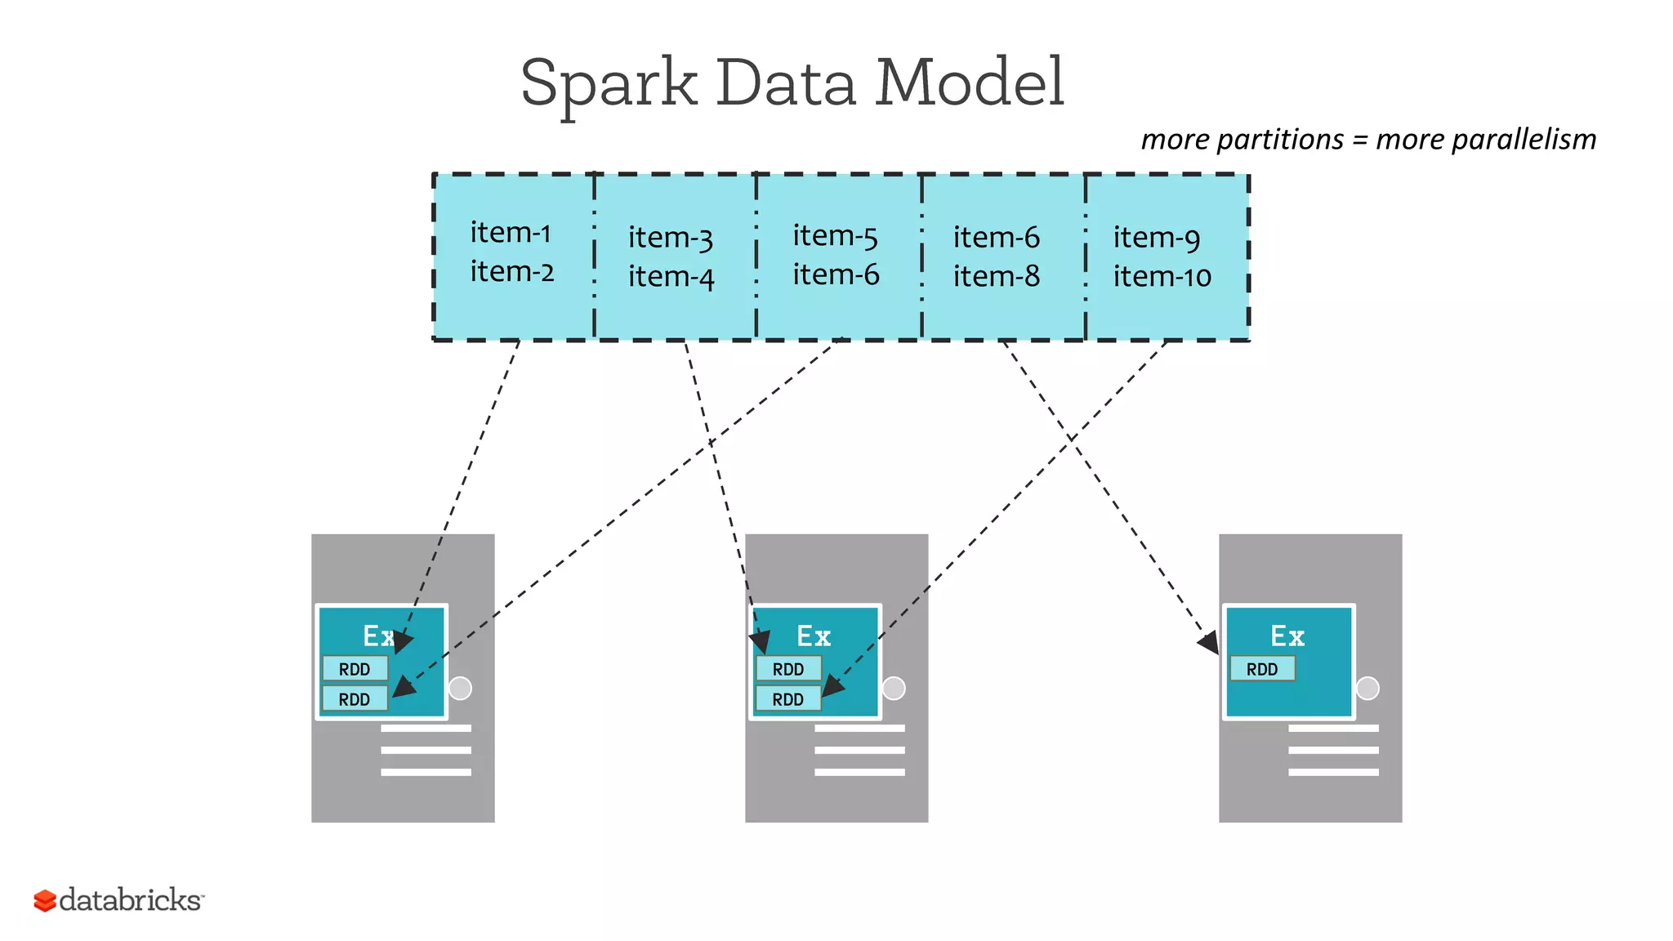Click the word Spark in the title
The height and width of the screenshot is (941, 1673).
pyautogui.click(x=609, y=83)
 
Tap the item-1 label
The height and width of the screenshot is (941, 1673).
pyautogui.click(x=511, y=233)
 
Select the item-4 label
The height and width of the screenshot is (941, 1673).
pyautogui.click(x=671, y=277)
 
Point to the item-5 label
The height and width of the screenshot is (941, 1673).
pyautogui.click(x=835, y=236)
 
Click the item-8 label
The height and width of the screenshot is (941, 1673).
pyautogui.click(x=997, y=276)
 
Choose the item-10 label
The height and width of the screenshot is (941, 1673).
pyautogui.click(x=1162, y=276)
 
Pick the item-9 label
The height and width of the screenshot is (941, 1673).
pyautogui.click(x=1157, y=238)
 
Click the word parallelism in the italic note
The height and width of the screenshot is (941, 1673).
pyautogui.click(x=1486, y=140)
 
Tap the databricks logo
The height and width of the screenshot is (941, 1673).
pyautogui.click(x=118, y=900)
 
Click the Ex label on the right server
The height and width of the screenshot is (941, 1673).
pyautogui.click(x=1287, y=636)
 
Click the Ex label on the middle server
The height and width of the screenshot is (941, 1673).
pyautogui.click(x=814, y=636)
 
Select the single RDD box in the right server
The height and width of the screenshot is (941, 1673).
pyautogui.click(x=1262, y=669)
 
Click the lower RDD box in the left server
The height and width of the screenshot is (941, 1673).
pyautogui.click(x=355, y=699)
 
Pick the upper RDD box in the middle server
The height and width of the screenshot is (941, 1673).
pyautogui.click(x=788, y=669)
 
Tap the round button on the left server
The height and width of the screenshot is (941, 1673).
pyautogui.click(x=461, y=688)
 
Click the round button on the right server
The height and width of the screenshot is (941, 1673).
pyautogui.click(x=1367, y=688)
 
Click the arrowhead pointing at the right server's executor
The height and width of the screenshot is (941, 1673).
pyautogui.click(x=1209, y=643)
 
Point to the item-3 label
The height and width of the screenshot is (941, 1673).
pyautogui.click(x=671, y=238)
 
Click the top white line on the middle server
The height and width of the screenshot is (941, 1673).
pyautogui.click(x=859, y=728)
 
